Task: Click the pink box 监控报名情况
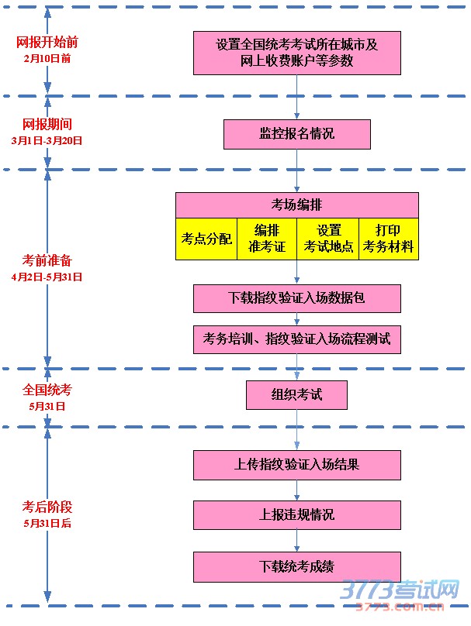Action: coord(296,134)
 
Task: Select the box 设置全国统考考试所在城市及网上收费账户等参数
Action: coord(296,53)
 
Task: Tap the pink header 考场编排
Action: coord(296,205)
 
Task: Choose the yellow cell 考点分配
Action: coord(206,239)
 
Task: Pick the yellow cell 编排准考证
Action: coord(267,239)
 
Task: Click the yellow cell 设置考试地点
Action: coord(328,239)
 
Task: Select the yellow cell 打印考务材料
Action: coord(389,239)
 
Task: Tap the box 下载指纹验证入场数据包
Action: coord(296,298)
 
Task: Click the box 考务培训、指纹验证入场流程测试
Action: coord(296,339)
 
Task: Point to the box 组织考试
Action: coord(296,395)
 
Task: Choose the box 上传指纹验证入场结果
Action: coord(296,465)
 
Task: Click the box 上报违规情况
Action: coord(296,514)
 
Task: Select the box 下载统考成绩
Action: coord(296,566)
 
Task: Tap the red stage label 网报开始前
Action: coord(47,43)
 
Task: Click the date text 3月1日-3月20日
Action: coord(47,140)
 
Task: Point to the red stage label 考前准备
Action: coord(47,260)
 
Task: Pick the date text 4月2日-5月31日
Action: coord(47,277)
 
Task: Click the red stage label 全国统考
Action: coord(47,390)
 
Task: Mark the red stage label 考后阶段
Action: coord(47,507)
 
